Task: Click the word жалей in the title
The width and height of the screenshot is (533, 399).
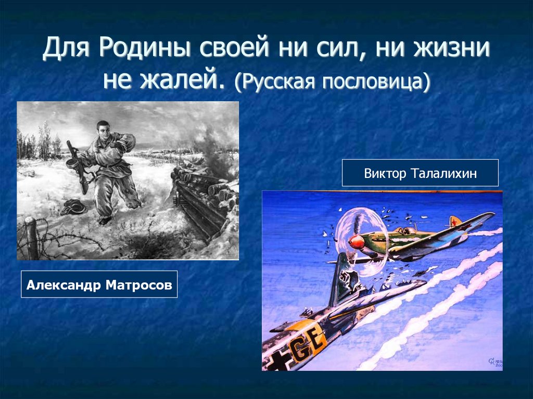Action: [182, 81]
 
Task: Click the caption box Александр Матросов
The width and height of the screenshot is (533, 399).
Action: [99, 284]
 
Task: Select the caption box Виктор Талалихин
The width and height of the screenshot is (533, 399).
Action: [420, 173]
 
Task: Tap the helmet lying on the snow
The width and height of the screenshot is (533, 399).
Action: [73, 207]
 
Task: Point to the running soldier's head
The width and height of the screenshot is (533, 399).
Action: [103, 130]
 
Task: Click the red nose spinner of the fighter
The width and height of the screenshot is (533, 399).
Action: [356, 242]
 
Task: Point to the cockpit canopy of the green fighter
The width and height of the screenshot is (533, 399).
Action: [404, 231]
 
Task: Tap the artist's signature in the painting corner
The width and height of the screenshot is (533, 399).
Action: [494, 362]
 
